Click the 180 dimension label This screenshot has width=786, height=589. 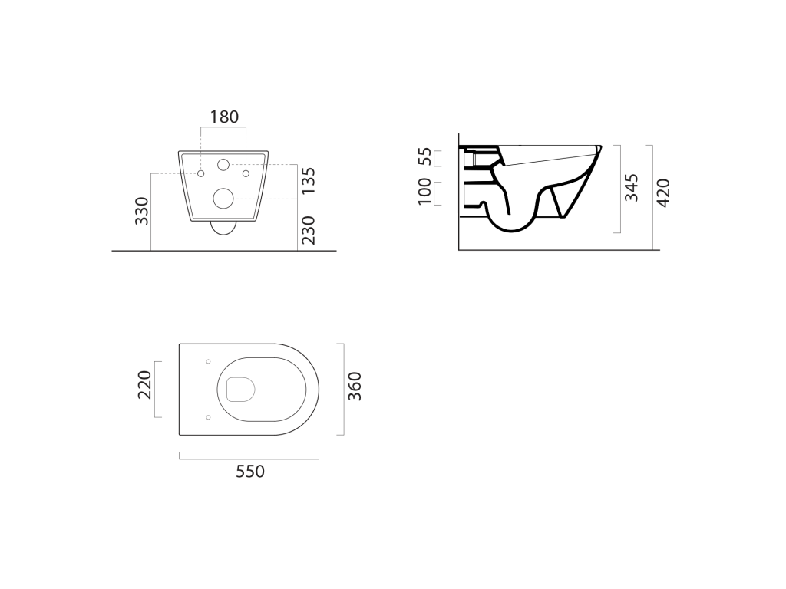click(224, 117)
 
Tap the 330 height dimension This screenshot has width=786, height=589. click(142, 211)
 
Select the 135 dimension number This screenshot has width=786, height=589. click(309, 181)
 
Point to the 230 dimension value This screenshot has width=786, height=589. click(309, 230)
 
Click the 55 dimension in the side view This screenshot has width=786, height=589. click(424, 156)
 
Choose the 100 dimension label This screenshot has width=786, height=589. click(424, 191)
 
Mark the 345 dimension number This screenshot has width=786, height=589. click(632, 188)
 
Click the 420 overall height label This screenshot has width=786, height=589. click(663, 192)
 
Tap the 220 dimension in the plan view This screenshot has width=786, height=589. click(144, 385)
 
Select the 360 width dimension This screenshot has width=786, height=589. click(355, 387)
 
